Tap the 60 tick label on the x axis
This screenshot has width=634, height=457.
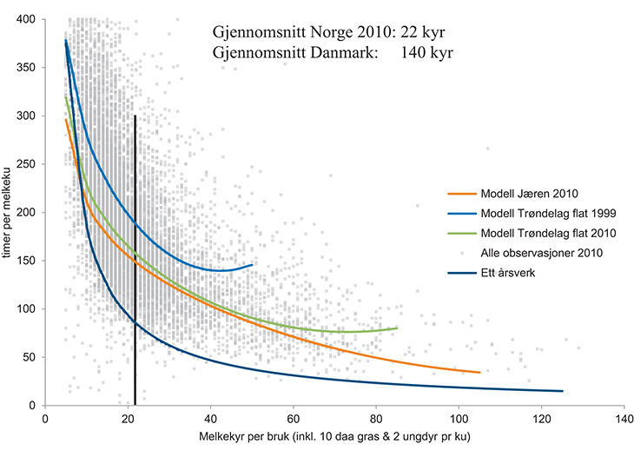click(293, 418)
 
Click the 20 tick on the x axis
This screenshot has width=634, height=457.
click(128, 418)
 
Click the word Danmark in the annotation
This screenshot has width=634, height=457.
click(334, 52)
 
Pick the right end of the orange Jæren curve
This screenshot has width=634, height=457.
click(480, 373)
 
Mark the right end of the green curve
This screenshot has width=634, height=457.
click(398, 328)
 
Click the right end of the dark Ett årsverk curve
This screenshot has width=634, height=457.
click(563, 391)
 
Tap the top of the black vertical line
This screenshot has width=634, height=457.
click(135, 116)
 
